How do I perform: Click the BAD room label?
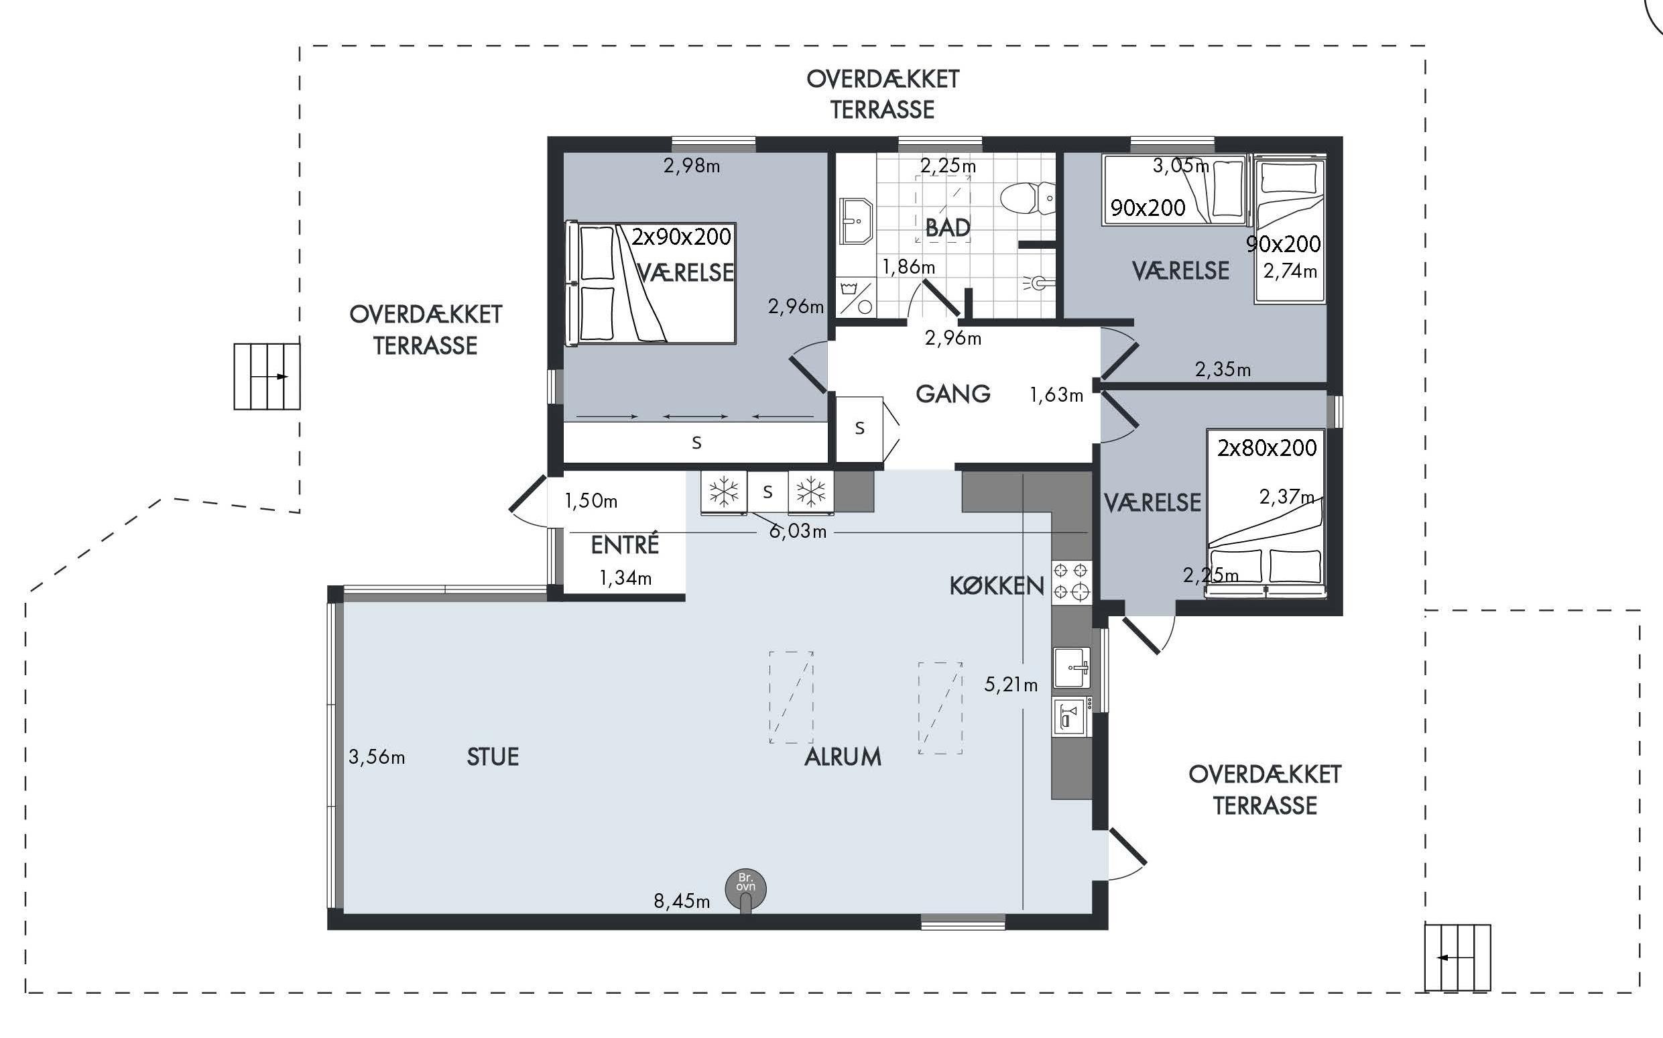[947, 227]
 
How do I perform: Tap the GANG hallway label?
[953, 394]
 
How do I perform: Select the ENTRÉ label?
[624, 545]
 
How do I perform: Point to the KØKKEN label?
[996, 585]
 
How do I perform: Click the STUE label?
[493, 757]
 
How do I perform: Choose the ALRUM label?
[843, 757]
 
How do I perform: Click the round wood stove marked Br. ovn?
[746, 890]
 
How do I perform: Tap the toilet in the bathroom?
[1028, 199]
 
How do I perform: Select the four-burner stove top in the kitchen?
[1071, 581]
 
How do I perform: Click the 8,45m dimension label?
[681, 901]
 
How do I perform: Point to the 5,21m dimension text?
[1011, 685]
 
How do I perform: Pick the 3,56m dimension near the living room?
[377, 757]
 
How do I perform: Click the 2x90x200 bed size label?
[681, 237]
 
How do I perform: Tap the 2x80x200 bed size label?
[1266, 449]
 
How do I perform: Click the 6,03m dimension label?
[797, 532]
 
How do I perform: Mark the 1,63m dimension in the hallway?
[1056, 395]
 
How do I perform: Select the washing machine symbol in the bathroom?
[855, 297]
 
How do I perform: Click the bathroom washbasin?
[855, 221]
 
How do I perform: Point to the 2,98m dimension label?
[692, 166]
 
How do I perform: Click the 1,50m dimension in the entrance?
[591, 501]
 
